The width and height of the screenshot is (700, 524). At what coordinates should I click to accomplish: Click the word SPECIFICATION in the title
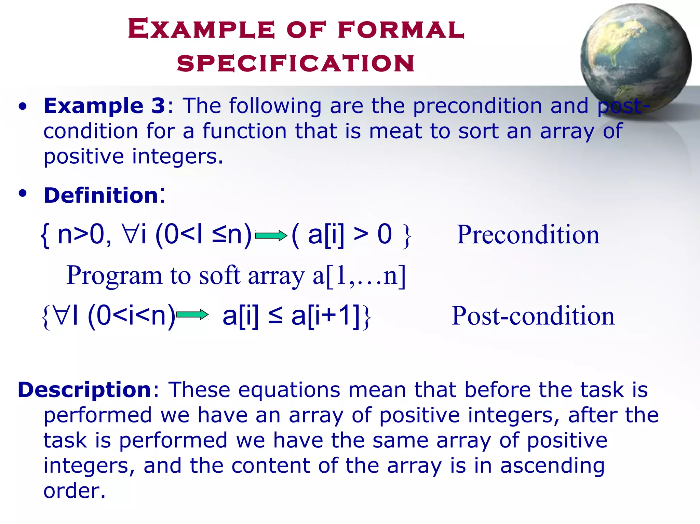(296, 64)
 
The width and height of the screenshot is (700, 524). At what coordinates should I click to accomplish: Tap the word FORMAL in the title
(401, 29)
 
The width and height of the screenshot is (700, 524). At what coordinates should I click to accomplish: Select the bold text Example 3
(104, 106)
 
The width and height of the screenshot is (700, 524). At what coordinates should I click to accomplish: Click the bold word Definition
(101, 196)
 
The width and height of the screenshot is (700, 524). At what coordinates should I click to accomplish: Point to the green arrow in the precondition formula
(271, 236)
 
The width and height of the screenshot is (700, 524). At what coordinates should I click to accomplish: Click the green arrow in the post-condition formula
(192, 314)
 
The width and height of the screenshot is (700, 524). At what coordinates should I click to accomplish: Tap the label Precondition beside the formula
(528, 235)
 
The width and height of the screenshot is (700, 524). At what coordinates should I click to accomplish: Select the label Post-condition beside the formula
(533, 315)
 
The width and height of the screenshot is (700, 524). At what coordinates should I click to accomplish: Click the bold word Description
(84, 390)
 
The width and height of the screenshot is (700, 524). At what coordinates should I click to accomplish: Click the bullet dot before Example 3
(23, 107)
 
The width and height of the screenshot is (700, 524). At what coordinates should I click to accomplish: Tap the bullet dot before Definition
(23, 194)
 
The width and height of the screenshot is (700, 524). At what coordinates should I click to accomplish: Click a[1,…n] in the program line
(359, 276)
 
